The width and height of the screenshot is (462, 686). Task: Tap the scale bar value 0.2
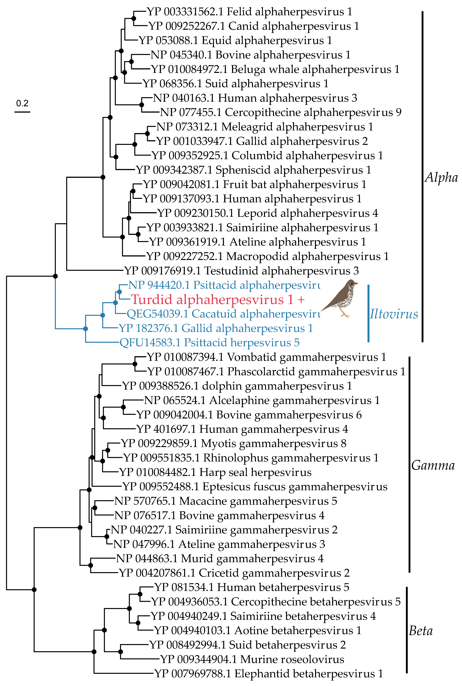[x=22, y=103]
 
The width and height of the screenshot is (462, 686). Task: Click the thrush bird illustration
[x=340, y=298]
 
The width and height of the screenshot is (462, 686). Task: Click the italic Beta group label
[x=421, y=631]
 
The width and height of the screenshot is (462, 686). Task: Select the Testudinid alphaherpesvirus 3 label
[x=242, y=271]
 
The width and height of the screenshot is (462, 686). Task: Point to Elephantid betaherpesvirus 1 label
[x=269, y=673]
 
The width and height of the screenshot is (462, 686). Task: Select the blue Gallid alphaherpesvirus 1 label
[x=216, y=328]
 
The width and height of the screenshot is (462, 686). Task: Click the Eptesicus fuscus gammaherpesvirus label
[x=255, y=486]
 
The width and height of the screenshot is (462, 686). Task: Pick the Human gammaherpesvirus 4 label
[x=242, y=429]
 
